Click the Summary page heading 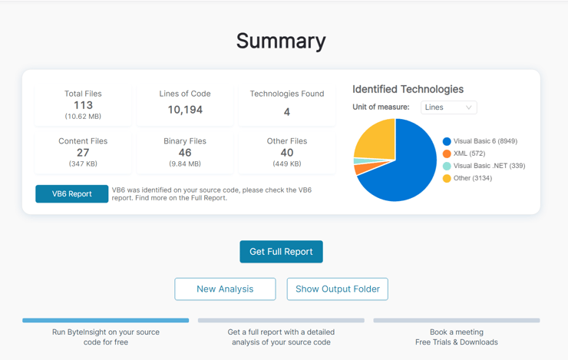[281, 41]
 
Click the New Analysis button [225, 289]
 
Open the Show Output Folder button [337, 289]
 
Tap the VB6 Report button [71, 194]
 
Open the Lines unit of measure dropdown [448, 107]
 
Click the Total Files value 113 [83, 105]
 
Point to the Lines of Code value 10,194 [185, 110]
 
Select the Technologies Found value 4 [286, 111]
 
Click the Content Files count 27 [83, 153]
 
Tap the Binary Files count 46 [185, 153]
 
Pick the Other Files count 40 [286, 153]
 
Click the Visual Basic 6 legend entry [484, 141]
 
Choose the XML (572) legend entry [469, 154]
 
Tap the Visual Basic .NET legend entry [488, 166]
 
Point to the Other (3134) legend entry [472, 178]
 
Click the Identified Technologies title [408, 89]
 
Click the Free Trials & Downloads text [456, 342]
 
